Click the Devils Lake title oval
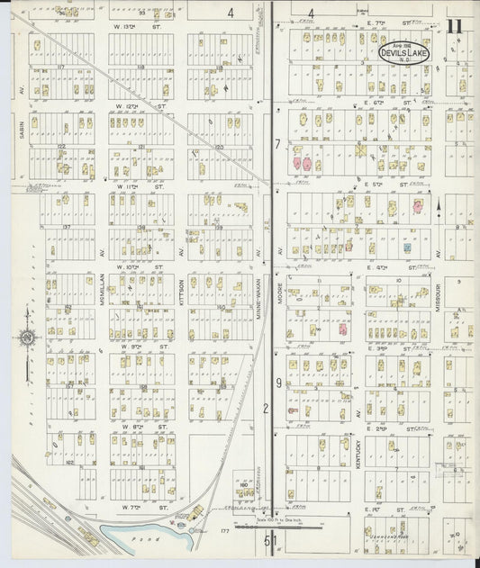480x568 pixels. [x=404, y=52]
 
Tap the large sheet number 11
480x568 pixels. [x=454, y=25]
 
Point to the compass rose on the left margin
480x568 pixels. [x=28, y=338]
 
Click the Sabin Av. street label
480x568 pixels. [x=20, y=129]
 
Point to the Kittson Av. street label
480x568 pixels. [x=181, y=298]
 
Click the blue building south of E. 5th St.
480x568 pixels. [x=407, y=247]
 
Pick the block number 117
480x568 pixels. [x=61, y=67]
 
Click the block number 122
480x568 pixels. [x=61, y=145]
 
